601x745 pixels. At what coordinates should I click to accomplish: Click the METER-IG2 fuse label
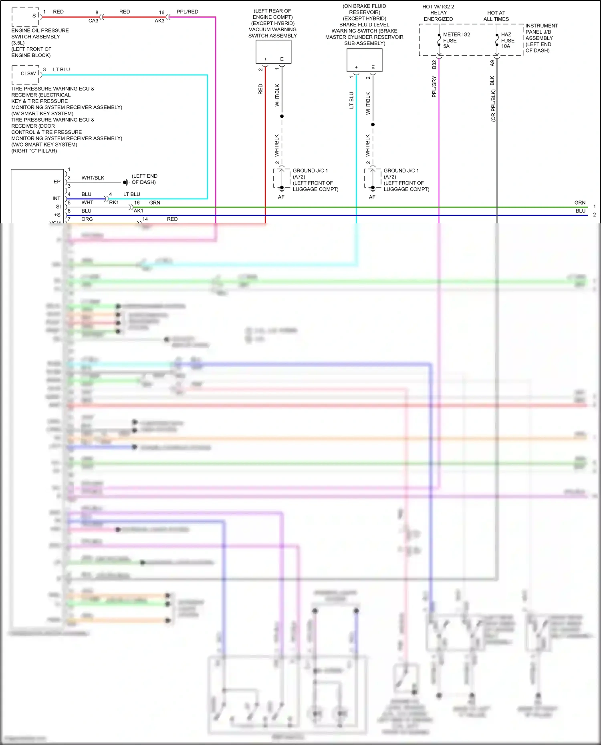pyautogui.click(x=456, y=40)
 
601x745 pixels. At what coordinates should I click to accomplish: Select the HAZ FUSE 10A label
pyautogui.click(x=507, y=40)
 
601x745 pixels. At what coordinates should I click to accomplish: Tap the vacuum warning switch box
pyautogui.click(x=273, y=52)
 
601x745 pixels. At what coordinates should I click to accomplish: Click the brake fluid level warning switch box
pyautogui.click(x=364, y=60)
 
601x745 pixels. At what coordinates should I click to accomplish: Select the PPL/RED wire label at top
pyautogui.click(x=187, y=12)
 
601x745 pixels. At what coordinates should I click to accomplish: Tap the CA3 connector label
pyautogui.click(x=93, y=21)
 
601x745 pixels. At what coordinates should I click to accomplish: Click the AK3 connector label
pyautogui.click(x=159, y=21)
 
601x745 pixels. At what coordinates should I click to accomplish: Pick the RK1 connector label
pyautogui.click(x=114, y=203)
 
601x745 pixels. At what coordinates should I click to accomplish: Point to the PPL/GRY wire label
pyautogui.click(x=434, y=87)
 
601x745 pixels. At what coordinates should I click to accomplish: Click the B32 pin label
pyautogui.click(x=434, y=64)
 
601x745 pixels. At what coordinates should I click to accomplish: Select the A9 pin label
pyautogui.click(x=492, y=63)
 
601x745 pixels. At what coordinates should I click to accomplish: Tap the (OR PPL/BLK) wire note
pyautogui.click(x=493, y=106)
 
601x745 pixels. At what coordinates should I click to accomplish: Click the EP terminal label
pyautogui.click(x=57, y=182)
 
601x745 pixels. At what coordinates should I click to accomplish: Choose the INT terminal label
pyautogui.click(x=56, y=199)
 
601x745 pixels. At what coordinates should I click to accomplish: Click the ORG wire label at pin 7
pyautogui.click(x=87, y=219)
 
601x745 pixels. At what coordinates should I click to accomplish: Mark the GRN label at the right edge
pyautogui.click(x=580, y=203)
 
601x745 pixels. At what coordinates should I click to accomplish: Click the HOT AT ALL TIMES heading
pyautogui.click(x=496, y=16)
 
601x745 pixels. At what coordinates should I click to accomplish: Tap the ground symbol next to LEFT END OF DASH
pyautogui.click(x=126, y=182)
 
